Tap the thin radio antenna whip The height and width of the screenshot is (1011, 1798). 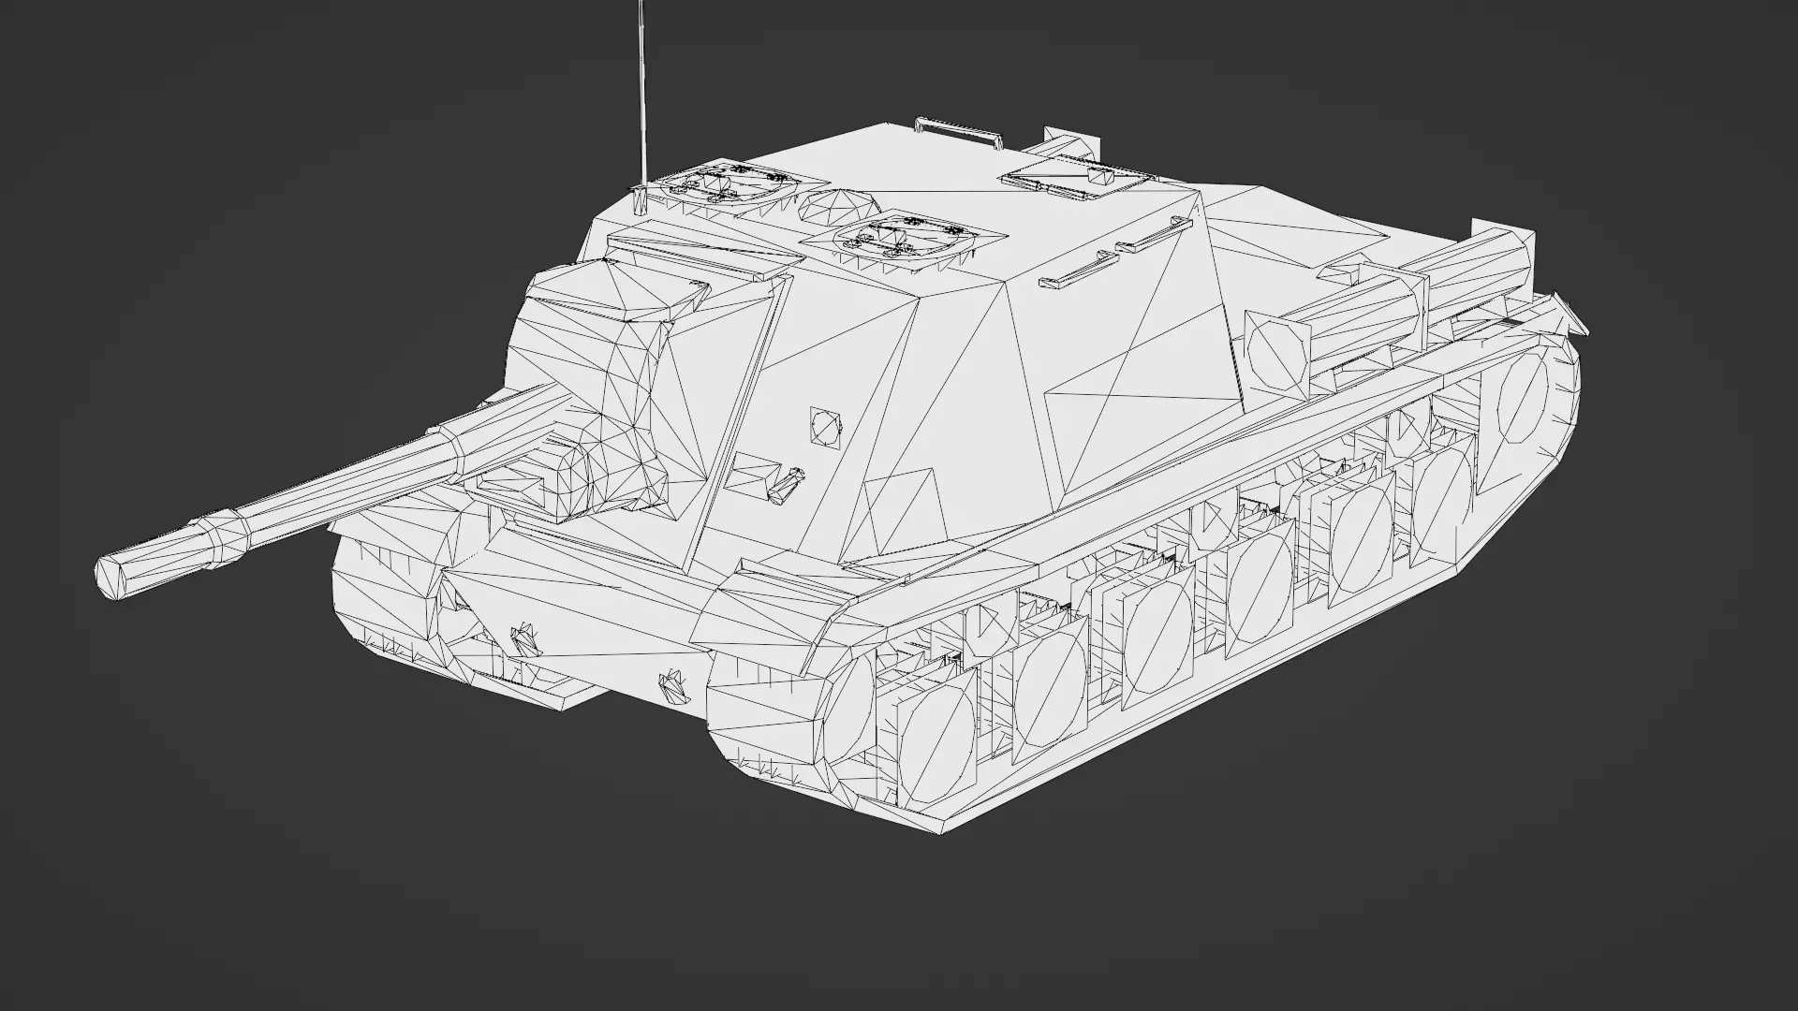[x=641, y=94]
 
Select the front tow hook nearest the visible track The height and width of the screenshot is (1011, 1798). [x=672, y=686]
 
